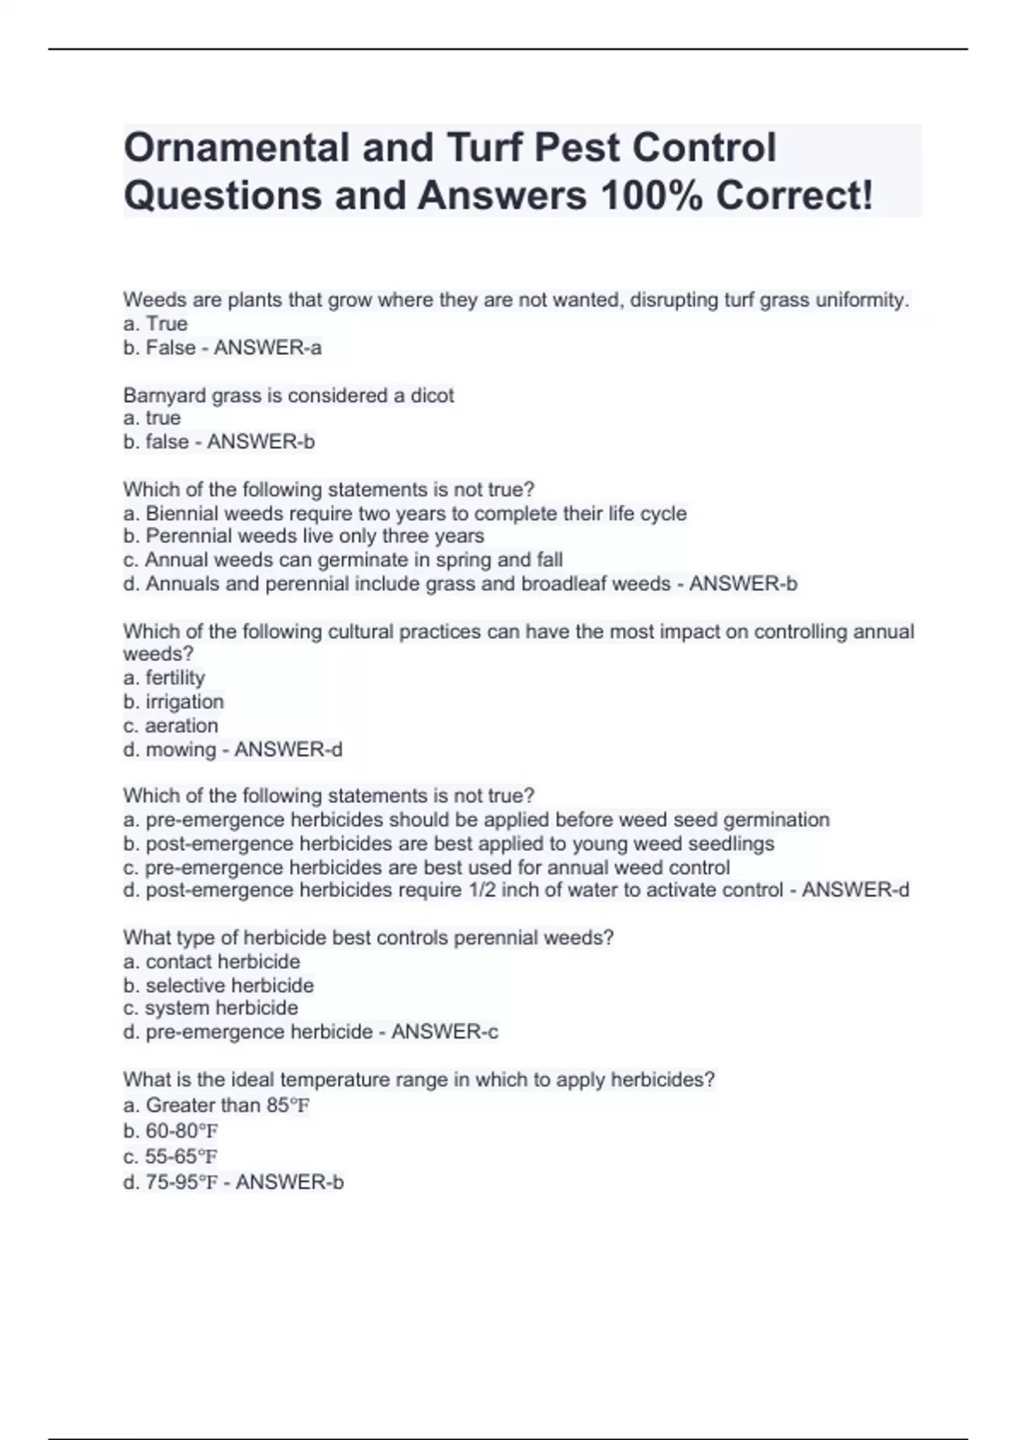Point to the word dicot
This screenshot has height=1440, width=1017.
[432, 396]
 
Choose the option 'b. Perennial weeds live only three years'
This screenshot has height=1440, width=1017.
[303, 536]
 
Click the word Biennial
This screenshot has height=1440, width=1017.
[181, 513]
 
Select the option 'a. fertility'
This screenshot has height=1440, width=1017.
[164, 678]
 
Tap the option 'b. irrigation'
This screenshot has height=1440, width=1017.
[173, 701]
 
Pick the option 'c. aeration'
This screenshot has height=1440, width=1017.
[170, 725]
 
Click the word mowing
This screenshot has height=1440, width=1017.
[181, 750]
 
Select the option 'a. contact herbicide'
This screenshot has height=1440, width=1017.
[211, 961]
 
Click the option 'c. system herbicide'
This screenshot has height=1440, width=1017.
[210, 1008]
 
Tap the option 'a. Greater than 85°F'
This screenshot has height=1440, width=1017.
[216, 1105]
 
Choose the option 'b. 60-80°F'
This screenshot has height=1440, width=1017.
[170, 1131]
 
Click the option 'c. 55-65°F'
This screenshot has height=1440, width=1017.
[170, 1156]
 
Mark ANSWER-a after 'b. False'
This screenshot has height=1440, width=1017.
[268, 348]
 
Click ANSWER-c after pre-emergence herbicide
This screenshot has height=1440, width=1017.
[444, 1032]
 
